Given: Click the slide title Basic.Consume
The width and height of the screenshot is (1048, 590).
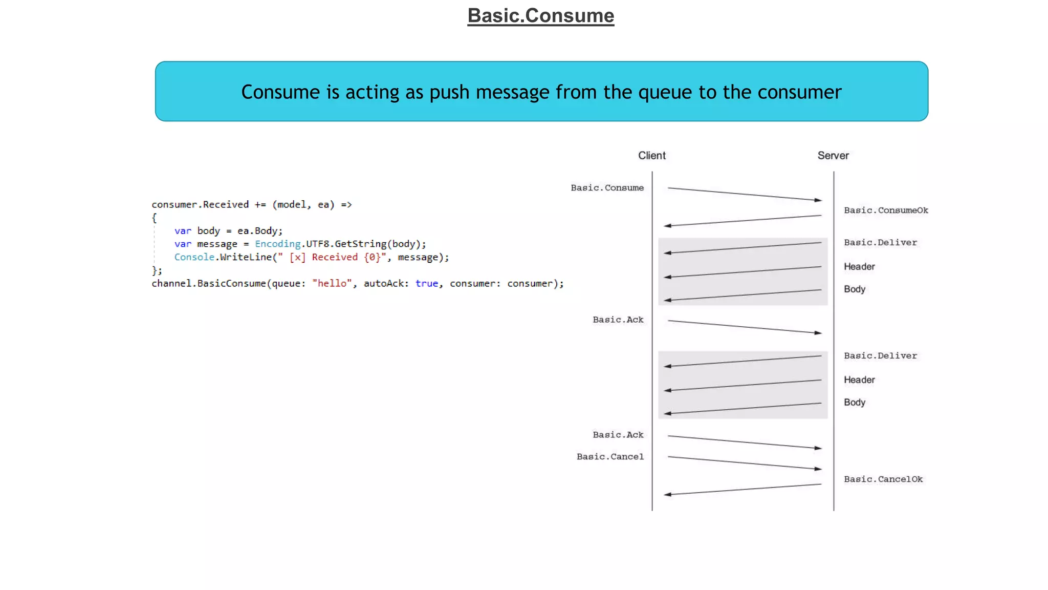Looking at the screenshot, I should tap(540, 16).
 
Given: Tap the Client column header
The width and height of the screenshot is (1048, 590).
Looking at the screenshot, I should tap(651, 156).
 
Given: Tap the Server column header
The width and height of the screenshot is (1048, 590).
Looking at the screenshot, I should tap(833, 156).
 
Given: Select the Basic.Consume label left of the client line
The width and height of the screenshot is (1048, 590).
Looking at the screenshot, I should tap(607, 188).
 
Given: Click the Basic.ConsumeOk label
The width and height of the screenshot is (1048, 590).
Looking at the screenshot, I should tap(886, 210).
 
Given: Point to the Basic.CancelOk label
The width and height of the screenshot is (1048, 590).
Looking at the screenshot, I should tap(883, 479).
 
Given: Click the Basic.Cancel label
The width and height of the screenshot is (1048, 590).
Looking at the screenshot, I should tap(610, 457).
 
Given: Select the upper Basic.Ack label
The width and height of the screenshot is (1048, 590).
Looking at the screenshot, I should tap(618, 320).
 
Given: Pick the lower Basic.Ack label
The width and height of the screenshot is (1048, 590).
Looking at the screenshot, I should tap(618, 435).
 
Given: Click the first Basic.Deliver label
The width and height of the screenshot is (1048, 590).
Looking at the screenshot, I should tap(880, 243).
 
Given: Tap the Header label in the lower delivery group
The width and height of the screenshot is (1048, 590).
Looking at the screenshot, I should tap(859, 380).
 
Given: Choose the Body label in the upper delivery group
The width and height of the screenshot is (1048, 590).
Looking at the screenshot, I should tap(854, 289).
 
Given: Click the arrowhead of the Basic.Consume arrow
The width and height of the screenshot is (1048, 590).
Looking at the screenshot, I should tap(818, 200).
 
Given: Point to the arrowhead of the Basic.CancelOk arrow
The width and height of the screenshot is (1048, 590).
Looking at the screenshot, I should tap(667, 494).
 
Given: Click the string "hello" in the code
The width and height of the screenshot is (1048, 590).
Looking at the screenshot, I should tap(332, 284).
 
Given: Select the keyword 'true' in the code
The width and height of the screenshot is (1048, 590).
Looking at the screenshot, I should tap(427, 284).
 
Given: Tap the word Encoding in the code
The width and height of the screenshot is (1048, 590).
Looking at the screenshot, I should tap(277, 244).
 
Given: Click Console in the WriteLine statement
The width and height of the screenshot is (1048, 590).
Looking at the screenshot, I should tap(194, 257).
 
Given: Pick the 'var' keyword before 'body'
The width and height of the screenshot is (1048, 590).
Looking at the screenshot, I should tap(182, 231).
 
